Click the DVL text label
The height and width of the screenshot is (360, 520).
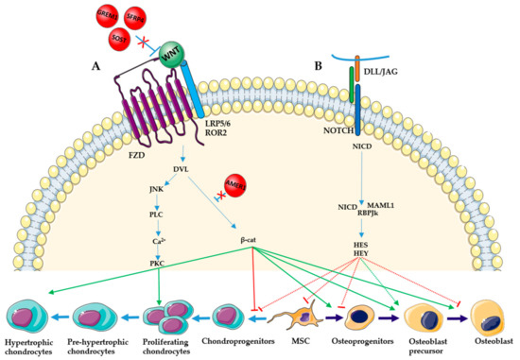182,170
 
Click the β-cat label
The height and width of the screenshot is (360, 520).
251,252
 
